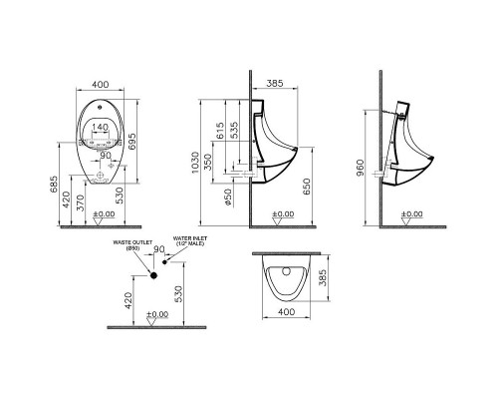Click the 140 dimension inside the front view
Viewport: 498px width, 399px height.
pos(100,128)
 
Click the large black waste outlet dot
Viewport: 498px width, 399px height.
pos(154,272)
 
